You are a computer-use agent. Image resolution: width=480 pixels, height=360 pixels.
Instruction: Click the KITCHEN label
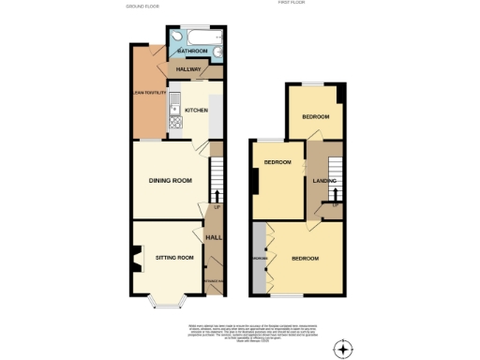tap(196, 110)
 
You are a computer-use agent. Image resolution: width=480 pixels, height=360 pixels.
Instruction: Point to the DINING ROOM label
tap(171, 179)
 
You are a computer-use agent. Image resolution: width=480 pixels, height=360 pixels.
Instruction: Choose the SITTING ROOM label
tap(173, 256)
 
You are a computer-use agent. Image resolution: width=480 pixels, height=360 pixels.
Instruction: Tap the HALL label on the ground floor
tap(214, 237)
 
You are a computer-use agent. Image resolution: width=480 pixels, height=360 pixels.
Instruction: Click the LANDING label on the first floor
tap(325, 180)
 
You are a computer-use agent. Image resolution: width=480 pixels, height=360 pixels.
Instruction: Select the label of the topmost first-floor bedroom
tap(315, 116)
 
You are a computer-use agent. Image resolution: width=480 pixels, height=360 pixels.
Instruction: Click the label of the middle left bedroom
tap(277, 162)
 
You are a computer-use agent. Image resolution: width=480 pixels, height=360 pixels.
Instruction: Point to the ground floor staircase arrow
tap(217, 194)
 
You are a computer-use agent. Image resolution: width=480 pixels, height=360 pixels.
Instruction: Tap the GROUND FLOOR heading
tap(143, 5)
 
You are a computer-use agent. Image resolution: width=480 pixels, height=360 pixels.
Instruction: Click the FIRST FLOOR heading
tap(292, 4)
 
